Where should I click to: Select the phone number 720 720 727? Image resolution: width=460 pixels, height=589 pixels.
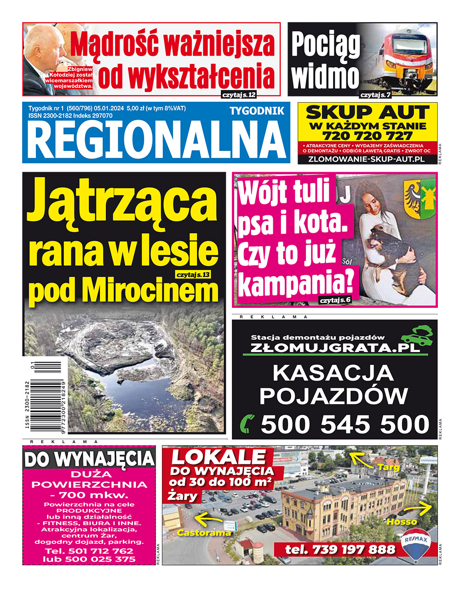point(367,136)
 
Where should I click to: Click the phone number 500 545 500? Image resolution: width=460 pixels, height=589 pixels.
point(345,424)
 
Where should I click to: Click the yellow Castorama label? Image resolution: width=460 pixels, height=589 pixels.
point(204,533)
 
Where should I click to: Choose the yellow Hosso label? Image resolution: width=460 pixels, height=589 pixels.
point(402,522)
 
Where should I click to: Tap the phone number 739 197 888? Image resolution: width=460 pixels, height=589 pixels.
point(340,549)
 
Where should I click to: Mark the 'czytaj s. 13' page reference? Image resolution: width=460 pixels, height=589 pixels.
point(193,275)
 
